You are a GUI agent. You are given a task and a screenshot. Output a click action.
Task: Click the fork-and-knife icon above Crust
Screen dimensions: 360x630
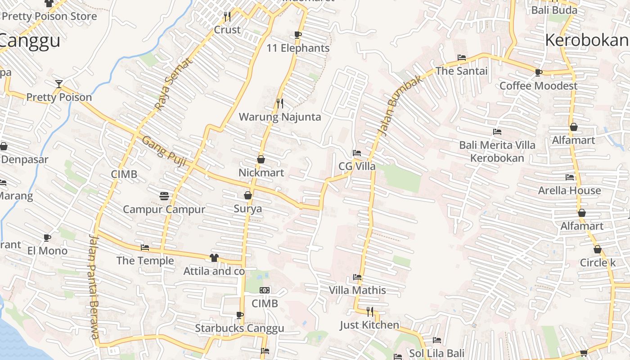[227, 17]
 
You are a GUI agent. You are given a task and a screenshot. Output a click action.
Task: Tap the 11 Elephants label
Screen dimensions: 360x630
[298, 48]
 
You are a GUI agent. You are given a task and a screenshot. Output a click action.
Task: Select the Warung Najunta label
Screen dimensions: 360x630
[280, 117]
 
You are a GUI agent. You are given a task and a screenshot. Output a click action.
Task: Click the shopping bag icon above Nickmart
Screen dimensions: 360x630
[261, 159]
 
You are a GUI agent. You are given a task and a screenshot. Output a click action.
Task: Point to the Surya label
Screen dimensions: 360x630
[247, 209]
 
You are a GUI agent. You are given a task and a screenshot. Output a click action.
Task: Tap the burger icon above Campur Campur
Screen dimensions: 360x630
[164, 196]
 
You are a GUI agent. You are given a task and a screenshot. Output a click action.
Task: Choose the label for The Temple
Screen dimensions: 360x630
[145, 261]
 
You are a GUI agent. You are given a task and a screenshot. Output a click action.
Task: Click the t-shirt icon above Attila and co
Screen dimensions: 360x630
[214, 258]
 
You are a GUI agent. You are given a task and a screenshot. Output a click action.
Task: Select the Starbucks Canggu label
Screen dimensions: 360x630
[239, 328]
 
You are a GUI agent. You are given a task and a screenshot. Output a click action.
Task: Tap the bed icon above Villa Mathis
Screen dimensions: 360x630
[357, 277]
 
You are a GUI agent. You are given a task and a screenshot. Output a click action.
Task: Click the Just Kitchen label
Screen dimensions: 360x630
[369, 325]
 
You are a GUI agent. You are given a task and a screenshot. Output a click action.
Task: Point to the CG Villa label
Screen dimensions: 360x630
[357, 166]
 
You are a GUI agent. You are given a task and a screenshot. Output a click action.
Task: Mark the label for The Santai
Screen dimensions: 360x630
[461, 71]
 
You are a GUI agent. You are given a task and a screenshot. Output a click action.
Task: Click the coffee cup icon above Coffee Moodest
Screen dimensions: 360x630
[538, 72]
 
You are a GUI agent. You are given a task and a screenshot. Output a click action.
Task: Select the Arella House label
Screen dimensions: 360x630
[569, 190]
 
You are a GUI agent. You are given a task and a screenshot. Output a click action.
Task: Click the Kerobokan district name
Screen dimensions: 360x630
[587, 40]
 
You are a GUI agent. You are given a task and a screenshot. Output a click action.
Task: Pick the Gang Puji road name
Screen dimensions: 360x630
[164, 152]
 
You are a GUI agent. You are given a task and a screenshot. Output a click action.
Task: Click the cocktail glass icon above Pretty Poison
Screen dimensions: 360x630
[59, 84]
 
